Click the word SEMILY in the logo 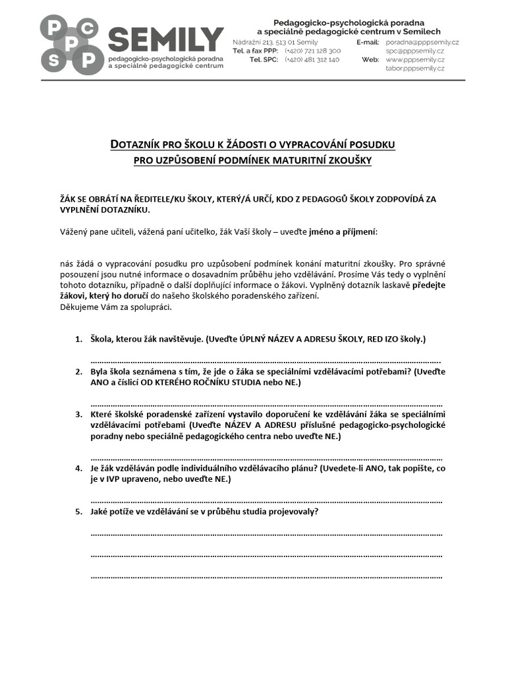[x=166, y=40]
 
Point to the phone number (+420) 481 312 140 [x=312, y=59]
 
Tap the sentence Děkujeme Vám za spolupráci [x=117, y=307]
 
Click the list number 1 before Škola [x=78, y=339]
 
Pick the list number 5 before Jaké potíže [x=78, y=512]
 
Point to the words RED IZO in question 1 [x=378, y=339]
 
